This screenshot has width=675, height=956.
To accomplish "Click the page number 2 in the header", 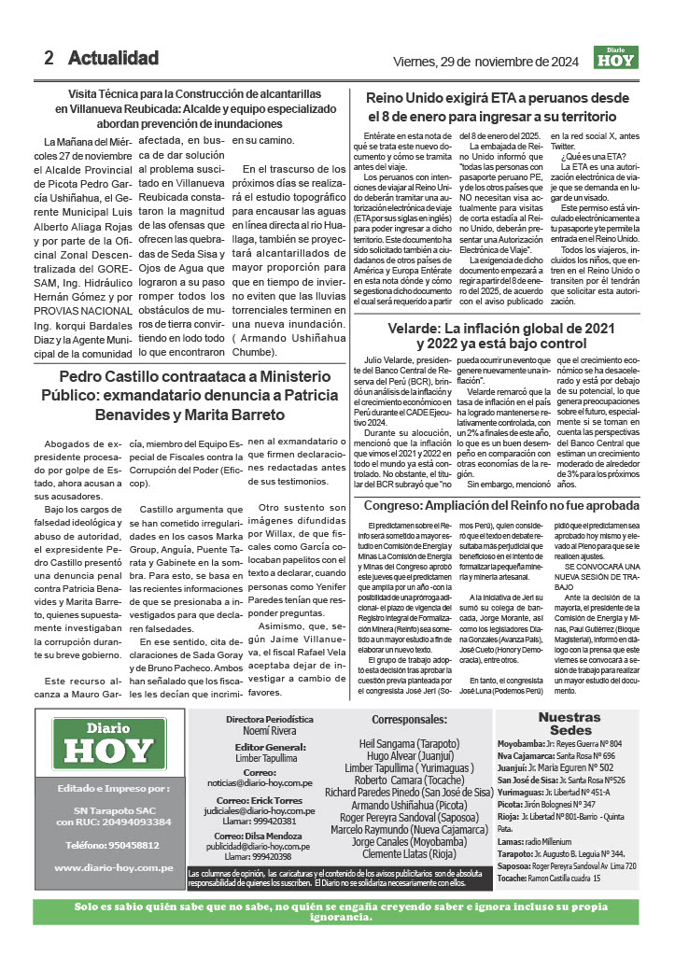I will (x=49, y=58).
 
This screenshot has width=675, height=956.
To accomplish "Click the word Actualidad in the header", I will (x=113, y=58).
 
